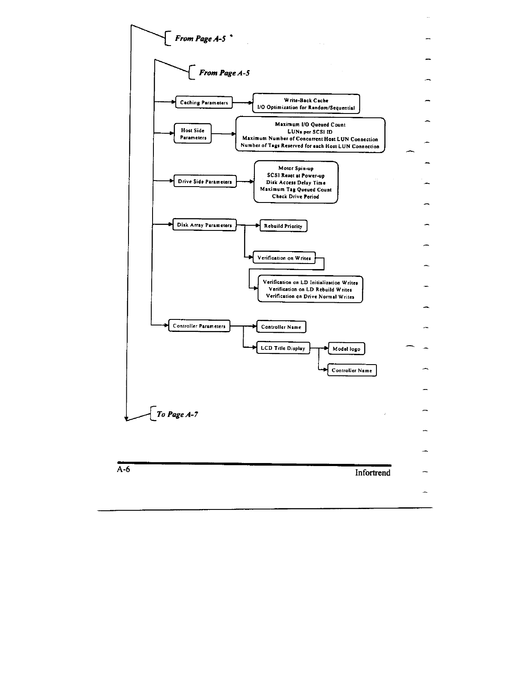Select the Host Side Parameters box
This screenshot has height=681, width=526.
click(x=193, y=134)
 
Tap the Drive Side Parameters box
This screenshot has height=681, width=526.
click(x=205, y=181)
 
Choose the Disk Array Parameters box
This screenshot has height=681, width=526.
click(x=204, y=225)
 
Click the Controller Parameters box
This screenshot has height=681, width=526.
click(x=199, y=326)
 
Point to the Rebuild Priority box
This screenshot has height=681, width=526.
click(x=283, y=226)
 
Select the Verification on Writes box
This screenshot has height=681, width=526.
click(x=284, y=258)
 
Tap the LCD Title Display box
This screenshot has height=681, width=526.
click(x=283, y=348)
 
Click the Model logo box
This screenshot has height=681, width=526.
click(x=346, y=349)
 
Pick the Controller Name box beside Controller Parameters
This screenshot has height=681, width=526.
click(x=281, y=327)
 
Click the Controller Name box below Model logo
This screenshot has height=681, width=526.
click(x=352, y=370)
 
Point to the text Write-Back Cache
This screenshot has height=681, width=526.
click(x=306, y=100)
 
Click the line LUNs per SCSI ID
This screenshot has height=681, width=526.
click(x=310, y=132)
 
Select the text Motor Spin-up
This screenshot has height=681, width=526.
click(x=296, y=168)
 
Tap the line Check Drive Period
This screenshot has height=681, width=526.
click(x=296, y=196)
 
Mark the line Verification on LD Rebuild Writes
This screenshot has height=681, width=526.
click(x=310, y=289)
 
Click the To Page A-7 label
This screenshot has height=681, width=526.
click(x=177, y=414)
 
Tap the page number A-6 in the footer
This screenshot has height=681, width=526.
click(x=123, y=469)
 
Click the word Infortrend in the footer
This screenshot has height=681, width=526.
click(x=373, y=473)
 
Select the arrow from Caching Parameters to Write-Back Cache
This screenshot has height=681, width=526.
click(x=243, y=103)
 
